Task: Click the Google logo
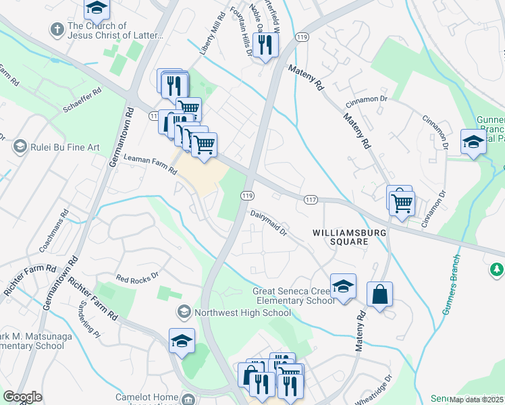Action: click(x=22, y=397)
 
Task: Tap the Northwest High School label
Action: click(x=242, y=313)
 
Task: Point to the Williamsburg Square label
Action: click(x=340, y=236)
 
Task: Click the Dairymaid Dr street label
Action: click(x=269, y=223)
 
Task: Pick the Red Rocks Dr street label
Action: click(x=136, y=276)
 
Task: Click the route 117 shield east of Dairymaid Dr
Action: click(x=311, y=199)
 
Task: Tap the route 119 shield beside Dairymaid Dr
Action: click(x=247, y=196)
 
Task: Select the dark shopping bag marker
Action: click(x=380, y=294)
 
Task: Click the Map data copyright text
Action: click(x=477, y=400)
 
